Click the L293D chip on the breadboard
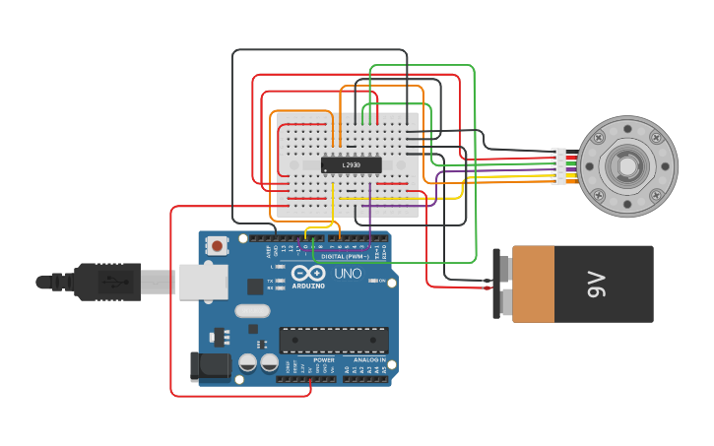click(x=352, y=164)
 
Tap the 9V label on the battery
click(x=596, y=286)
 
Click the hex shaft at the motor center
click(x=627, y=166)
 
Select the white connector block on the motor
click(x=559, y=166)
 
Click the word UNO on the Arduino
click(x=349, y=273)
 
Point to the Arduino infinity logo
click(x=307, y=273)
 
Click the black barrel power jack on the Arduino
click(x=210, y=366)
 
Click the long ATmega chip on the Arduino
click(x=333, y=340)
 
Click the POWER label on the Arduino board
click(x=324, y=360)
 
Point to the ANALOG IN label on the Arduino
click(x=370, y=360)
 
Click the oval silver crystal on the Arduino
click(x=252, y=311)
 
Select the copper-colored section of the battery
click(x=533, y=285)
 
